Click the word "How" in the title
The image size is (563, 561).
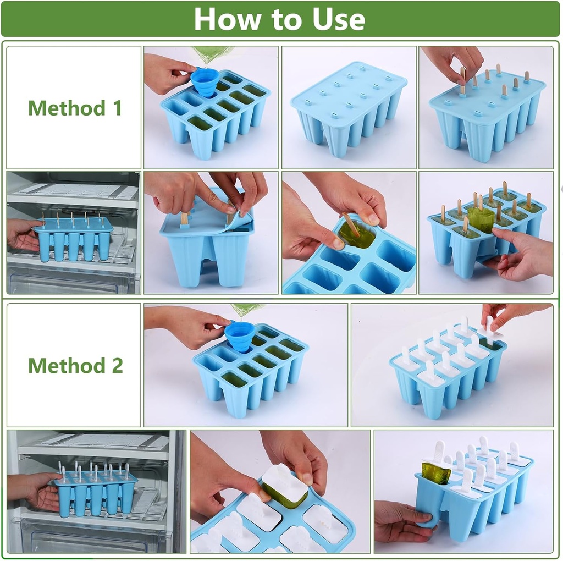[x=222, y=19]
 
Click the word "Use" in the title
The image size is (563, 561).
[x=339, y=19]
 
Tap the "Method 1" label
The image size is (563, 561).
[x=75, y=108]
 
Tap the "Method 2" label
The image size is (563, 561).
[x=75, y=365]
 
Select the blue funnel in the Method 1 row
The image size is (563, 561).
[x=205, y=81]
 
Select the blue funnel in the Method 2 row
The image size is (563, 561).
[x=239, y=335]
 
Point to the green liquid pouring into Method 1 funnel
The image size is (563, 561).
[x=212, y=54]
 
